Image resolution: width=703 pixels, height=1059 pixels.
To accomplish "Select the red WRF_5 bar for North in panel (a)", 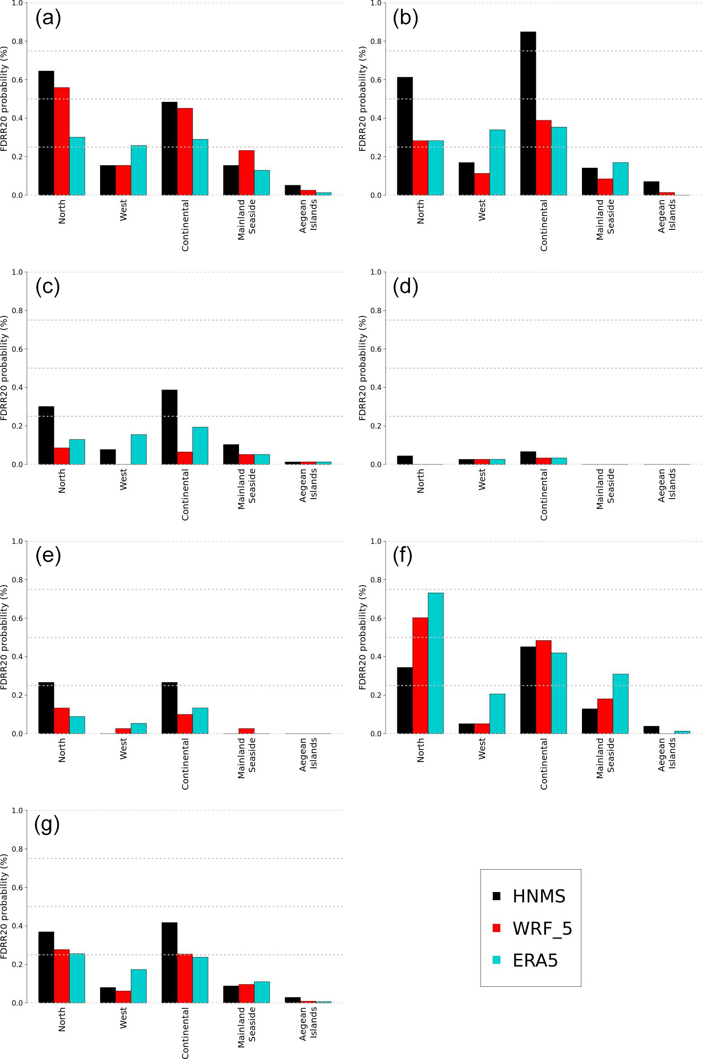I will (62, 141).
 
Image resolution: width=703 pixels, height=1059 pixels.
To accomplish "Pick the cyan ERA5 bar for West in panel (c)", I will (139, 449).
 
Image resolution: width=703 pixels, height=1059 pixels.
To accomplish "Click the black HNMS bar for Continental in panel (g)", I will (169, 963).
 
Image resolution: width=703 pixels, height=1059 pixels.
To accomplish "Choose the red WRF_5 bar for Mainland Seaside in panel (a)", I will (246, 173).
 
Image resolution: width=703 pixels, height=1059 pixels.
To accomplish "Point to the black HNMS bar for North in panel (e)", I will (46, 708).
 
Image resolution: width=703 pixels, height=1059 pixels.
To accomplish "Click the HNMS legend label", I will (539, 896).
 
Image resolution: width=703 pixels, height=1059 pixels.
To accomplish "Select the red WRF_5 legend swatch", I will (496, 928).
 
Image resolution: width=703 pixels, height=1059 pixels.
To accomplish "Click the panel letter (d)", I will (405, 286).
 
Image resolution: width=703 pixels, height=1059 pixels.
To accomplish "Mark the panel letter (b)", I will (405, 18).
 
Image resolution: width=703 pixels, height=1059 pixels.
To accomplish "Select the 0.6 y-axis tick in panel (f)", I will (376, 618).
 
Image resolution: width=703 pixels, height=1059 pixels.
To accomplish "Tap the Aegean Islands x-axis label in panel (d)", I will (667, 485).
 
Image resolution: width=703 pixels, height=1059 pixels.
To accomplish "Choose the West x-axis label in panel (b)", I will (482, 210).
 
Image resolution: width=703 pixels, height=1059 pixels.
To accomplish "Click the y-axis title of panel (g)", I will (4, 906).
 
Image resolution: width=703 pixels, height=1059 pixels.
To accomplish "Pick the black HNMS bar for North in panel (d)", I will (405, 460).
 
